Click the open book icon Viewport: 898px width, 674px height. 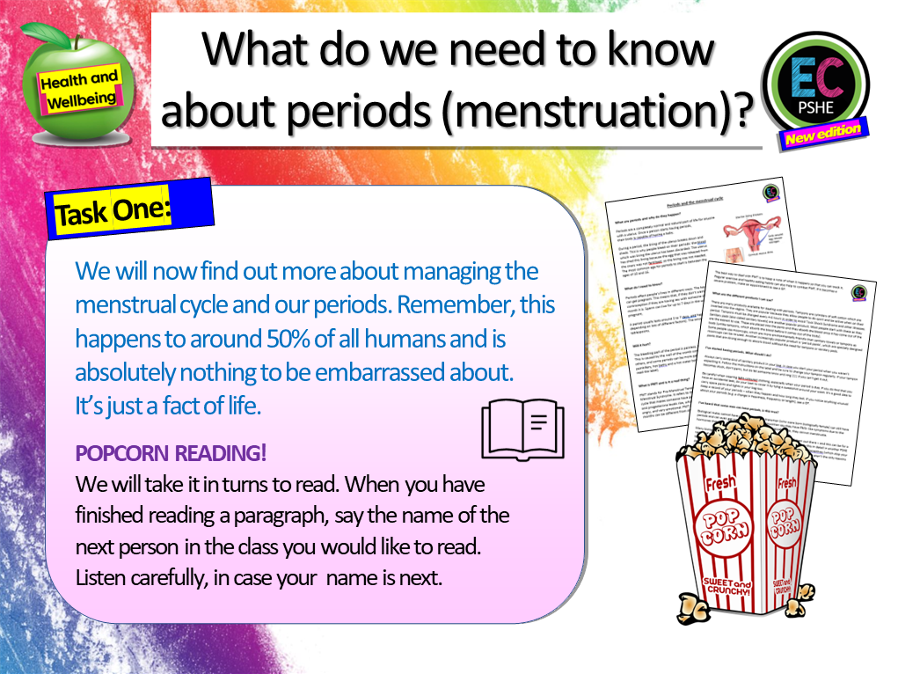tap(524, 429)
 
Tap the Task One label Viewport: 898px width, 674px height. tap(113, 211)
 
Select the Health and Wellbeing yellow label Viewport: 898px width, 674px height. tap(78, 91)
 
